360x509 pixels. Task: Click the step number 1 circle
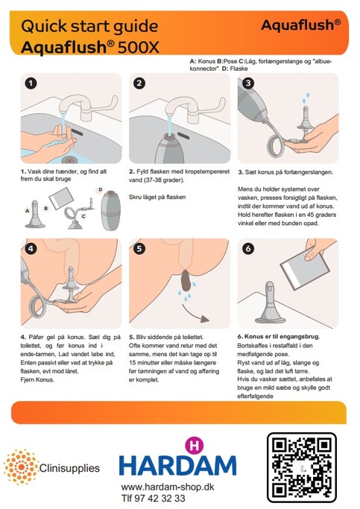coord(31,83)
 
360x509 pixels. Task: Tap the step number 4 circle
coord(31,249)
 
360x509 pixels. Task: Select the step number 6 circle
coord(248,249)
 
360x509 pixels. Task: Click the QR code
coord(302,467)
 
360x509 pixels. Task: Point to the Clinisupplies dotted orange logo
coord(21,467)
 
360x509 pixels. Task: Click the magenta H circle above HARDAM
coord(194,446)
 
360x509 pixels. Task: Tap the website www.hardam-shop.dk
coord(168,487)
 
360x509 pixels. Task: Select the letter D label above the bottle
coord(101,189)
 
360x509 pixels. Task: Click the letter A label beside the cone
coord(28,211)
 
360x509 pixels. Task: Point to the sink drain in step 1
coord(69,159)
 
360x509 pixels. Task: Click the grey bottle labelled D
coord(111,210)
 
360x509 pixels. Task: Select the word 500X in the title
coord(139,48)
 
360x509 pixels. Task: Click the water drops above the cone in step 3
coord(306,98)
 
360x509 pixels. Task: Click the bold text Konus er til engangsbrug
coord(282,336)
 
